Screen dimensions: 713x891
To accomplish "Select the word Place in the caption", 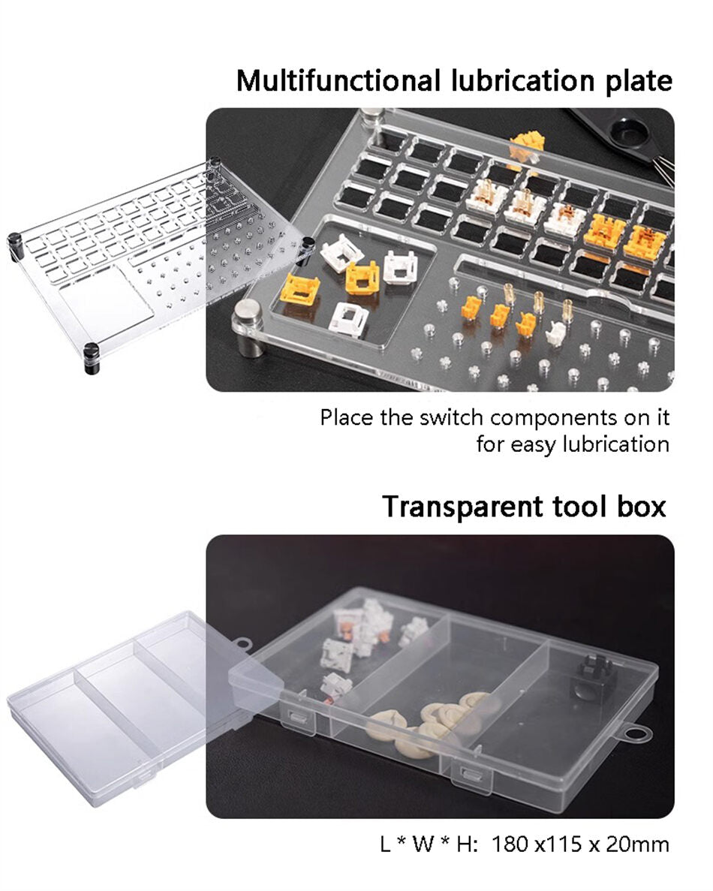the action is (347, 417).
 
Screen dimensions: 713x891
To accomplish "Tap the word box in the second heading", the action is (642, 506).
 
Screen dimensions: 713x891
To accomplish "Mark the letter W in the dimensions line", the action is (423, 844).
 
